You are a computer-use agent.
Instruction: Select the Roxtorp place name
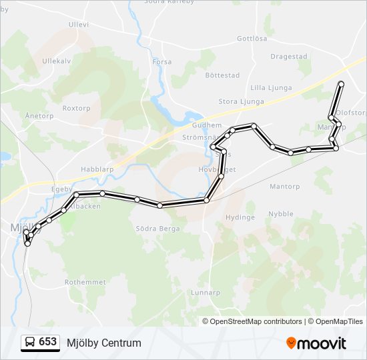click(x=76, y=108)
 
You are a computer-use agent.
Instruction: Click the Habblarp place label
click(x=97, y=169)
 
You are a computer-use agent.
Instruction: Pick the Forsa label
click(x=162, y=62)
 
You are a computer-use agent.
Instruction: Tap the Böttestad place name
click(x=222, y=75)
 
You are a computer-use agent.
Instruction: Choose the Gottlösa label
click(x=252, y=39)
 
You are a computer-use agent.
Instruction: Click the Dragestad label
click(x=289, y=57)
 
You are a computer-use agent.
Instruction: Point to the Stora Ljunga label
click(x=242, y=102)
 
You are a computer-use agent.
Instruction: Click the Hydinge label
click(x=240, y=217)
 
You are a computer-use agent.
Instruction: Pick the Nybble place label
click(x=280, y=214)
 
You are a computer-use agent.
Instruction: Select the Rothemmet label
click(x=85, y=283)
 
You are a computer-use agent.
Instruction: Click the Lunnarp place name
click(x=205, y=293)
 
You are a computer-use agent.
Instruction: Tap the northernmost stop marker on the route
click(x=341, y=84)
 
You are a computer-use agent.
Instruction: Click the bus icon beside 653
click(x=30, y=343)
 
